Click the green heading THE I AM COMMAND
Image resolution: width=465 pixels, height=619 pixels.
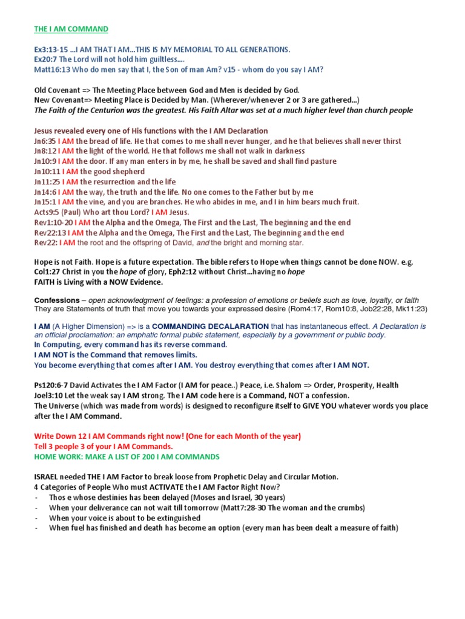[71, 29]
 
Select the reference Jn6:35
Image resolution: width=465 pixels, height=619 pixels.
[45, 141]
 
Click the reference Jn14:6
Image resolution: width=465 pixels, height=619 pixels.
[45, 192]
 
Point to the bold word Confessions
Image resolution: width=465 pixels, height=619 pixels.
[57, 300]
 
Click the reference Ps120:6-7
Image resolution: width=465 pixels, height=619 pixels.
[55, 386]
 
